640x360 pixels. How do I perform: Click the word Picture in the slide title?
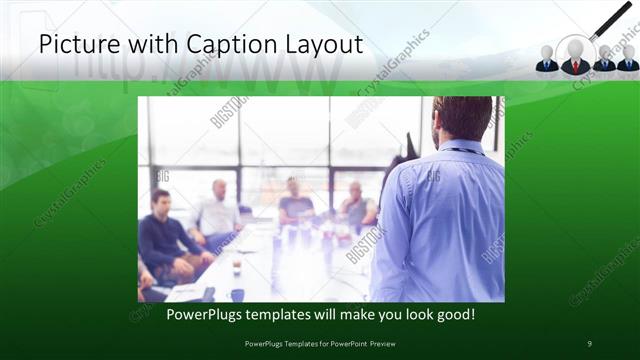point(75,45)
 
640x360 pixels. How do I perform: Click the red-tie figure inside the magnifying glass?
point(575,57)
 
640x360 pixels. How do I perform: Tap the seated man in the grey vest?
point(357,205)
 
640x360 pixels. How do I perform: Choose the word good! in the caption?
point(454,315)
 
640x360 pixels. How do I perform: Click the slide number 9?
point(590,344)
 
